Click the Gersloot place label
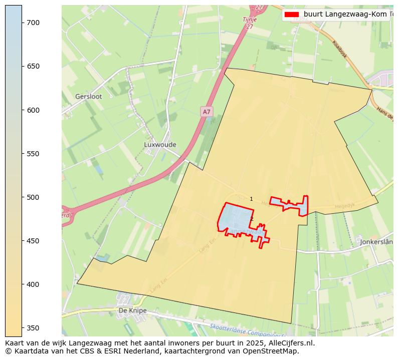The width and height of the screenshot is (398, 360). point(89,96)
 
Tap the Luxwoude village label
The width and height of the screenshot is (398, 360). point(160,145)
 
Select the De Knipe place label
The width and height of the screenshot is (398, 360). point(132,310)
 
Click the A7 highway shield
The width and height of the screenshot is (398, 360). point(207,112)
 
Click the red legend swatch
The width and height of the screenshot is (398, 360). point(292,15)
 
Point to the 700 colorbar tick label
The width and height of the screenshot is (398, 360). point(34,23)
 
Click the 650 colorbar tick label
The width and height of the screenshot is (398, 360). point(34,66)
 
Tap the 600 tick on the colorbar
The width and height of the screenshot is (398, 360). point(34,110)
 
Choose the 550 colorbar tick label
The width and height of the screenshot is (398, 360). point(34,154)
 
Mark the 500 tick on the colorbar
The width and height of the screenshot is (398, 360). point(34,197)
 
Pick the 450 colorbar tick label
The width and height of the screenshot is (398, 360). point(34,241)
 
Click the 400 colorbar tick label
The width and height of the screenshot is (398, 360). point(34,284)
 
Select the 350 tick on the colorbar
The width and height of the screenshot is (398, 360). point(34,328)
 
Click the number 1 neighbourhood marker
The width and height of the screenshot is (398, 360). point(251,199)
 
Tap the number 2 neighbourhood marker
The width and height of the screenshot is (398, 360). point(252,219)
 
